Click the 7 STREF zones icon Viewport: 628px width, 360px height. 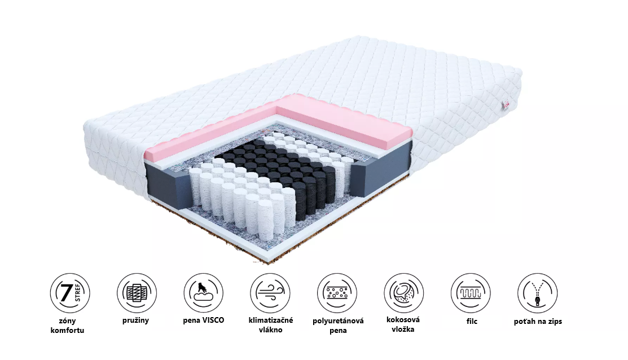click(x=70, y=293)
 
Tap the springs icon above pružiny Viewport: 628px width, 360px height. click(x=137, y=293)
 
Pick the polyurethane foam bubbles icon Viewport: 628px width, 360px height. click(x=337, y=293)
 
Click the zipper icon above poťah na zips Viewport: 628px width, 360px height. click(x=538, y=293)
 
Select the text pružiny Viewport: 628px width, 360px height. click(x=135, y=321)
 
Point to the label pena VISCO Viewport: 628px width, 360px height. click(x=204, y=321)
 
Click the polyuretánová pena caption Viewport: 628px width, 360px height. click(x=338, y=326)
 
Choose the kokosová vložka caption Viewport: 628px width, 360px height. click(x=402, y=324)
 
